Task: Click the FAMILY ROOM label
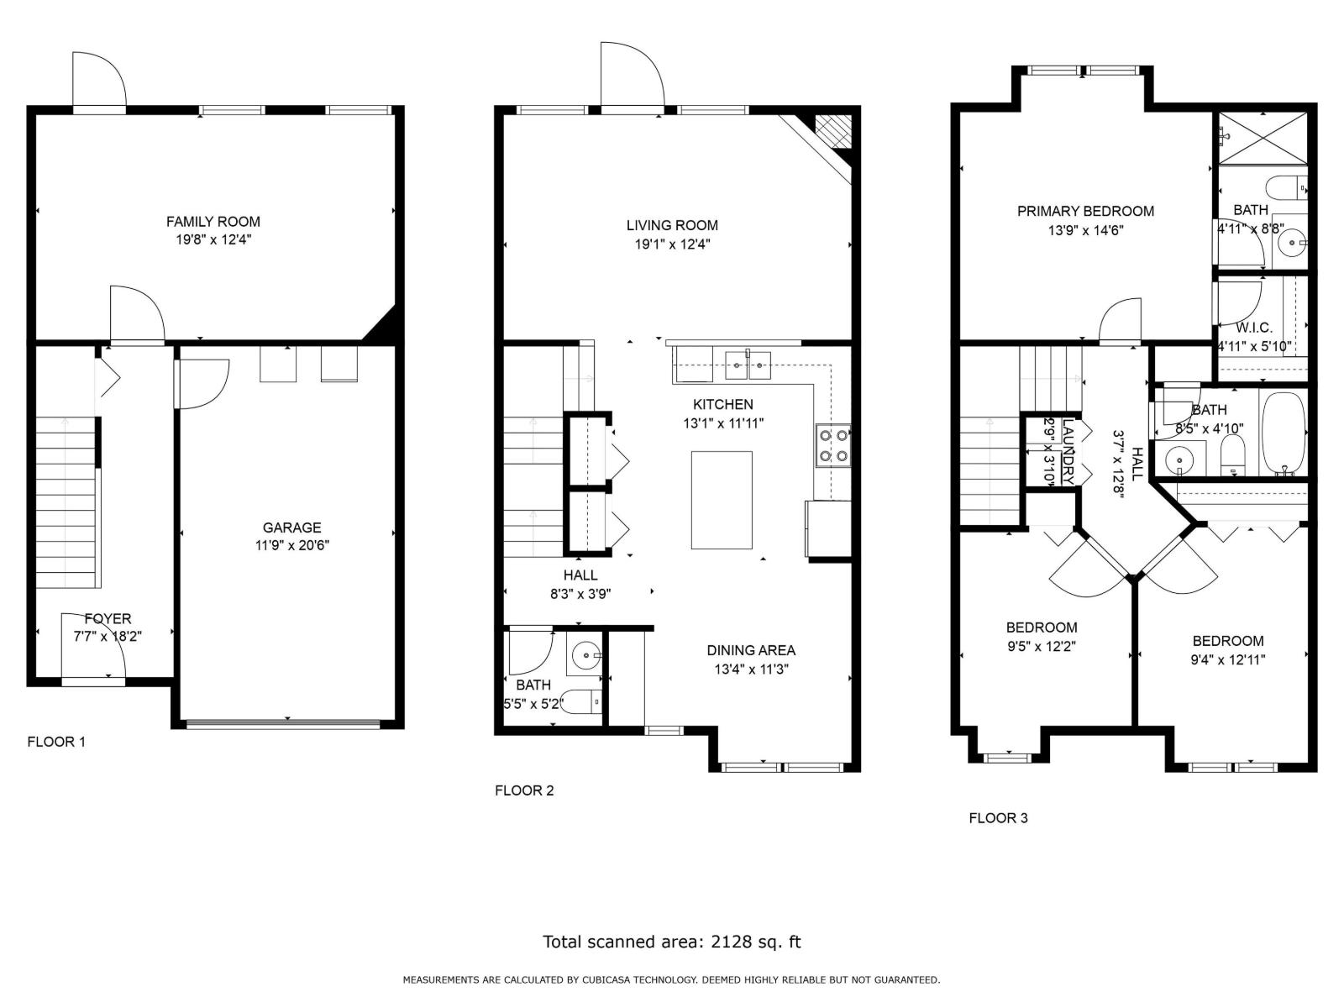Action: pos(213,222)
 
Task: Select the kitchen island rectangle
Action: pos(722,500)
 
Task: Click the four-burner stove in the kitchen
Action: pos(832,445)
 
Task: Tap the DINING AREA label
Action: pos(750,650)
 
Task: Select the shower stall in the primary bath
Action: pos(1262,138)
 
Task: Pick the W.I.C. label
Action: pos(1253,328)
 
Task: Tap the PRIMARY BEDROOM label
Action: pos(1085,211)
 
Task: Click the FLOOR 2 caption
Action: pos(524,790)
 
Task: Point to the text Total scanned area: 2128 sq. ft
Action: pos(671,942)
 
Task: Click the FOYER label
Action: pos(108,619)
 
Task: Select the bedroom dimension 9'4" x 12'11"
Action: pos(1227,660)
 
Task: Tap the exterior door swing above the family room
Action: pos(98,80)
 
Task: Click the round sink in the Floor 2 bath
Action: pos(585,654)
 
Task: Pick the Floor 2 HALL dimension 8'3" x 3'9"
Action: pos(580,594)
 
